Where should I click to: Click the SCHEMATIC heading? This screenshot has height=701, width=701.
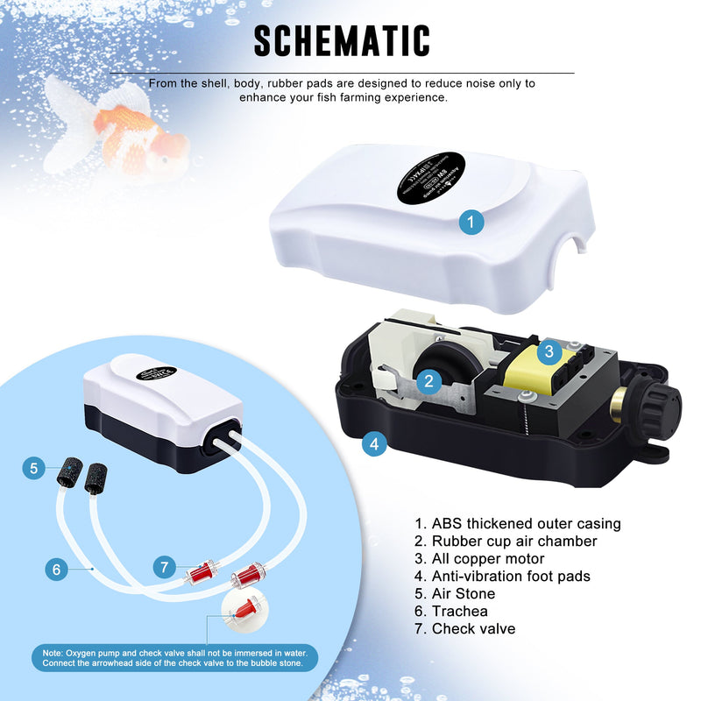[343, 41]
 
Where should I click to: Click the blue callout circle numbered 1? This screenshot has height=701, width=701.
[471, 223]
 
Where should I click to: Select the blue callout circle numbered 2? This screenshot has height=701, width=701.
[428, 380]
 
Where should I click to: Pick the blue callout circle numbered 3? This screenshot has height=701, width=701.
[549, 352]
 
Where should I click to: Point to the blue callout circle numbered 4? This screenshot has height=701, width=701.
[374, 443]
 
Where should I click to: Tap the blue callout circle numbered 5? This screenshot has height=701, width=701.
[33, 469]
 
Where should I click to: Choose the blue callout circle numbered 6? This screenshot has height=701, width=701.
[57, 570]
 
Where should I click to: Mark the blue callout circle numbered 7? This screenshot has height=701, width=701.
[164, 567]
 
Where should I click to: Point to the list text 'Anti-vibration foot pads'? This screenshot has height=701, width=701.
[511, 577]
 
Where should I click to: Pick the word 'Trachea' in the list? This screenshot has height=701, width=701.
[459, 612]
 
